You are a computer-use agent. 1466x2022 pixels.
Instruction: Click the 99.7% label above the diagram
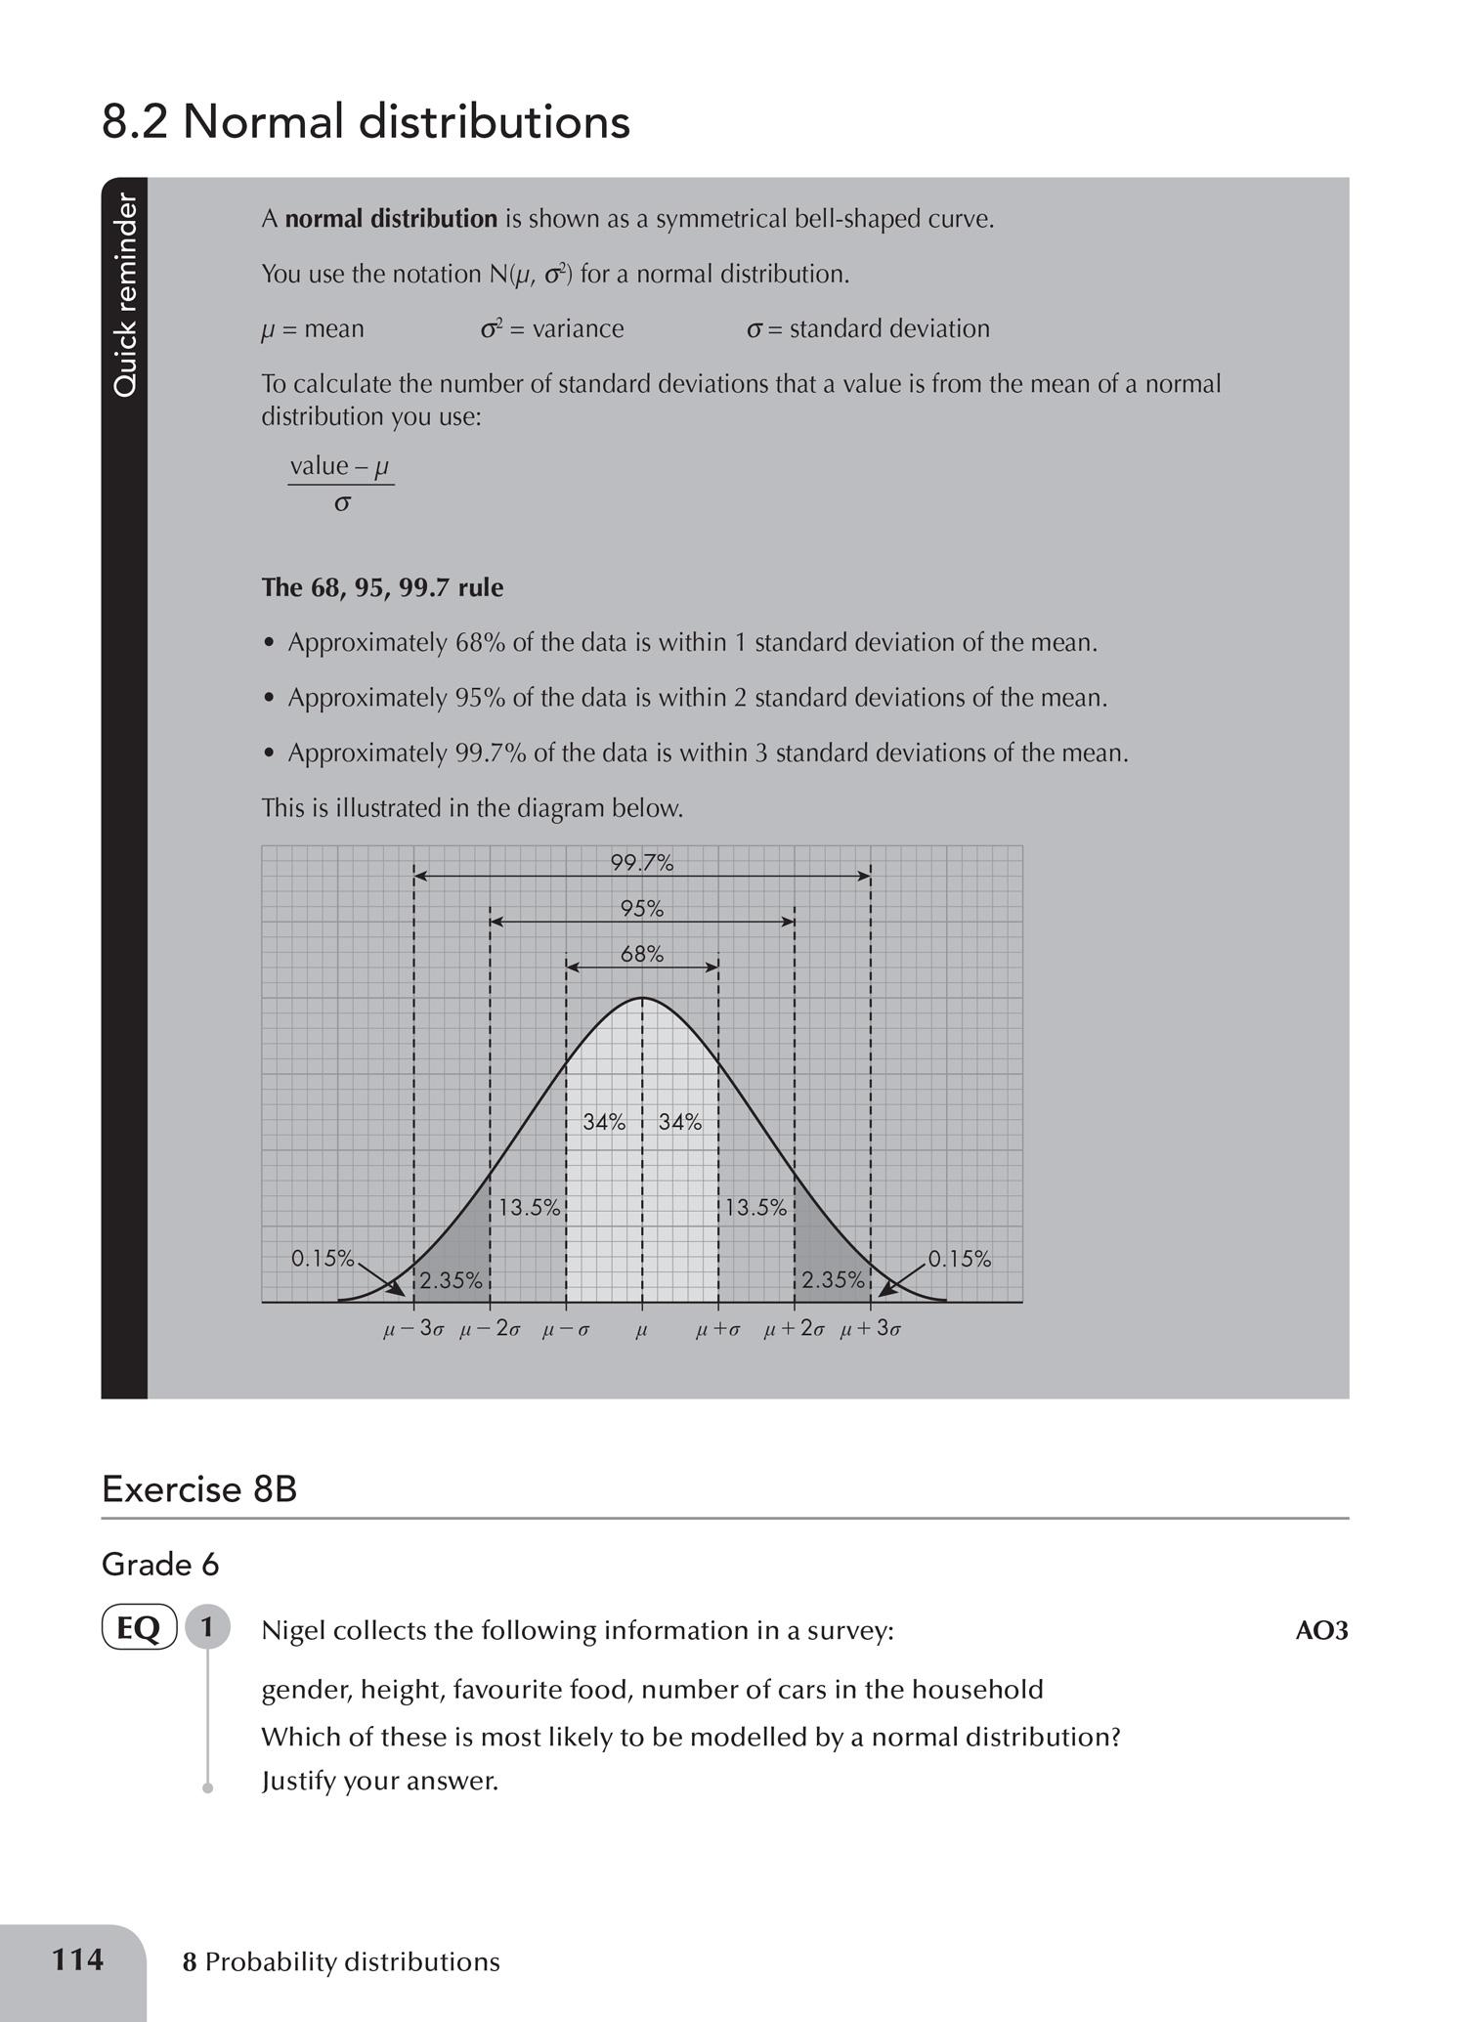pyautogui.click(x=642, y=863)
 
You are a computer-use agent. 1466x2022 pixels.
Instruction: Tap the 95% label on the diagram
pyautogui.click(x=642, y=909)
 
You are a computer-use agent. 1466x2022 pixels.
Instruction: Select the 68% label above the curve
pyautogui.click(x=642, y=954)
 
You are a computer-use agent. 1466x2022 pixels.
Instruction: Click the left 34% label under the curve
pyautogui.click(x=604, y=1122)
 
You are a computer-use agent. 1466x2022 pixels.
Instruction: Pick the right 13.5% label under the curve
pyautogui.click(x=755, y=1207)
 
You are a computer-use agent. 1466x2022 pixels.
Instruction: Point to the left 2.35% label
pyautogui.click(x=452, y=1279)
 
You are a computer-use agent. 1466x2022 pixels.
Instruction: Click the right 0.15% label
pyautogui.click(x=960, y=1259)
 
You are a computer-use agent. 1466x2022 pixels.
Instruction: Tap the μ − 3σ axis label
pyautogui.click(x=414, y=1330)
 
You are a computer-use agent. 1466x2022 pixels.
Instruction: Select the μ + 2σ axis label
pyautogui.click(x=795, y=1330)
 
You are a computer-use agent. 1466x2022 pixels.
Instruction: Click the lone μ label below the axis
pyautogui.click(x=642, y=1330)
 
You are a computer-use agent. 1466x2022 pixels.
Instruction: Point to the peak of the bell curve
pyautogui.click(x=642, y=999)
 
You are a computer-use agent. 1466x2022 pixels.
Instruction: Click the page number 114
pyautogui.click(x=77, y=1959)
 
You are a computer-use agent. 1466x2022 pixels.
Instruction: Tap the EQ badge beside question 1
pyautogui.click(x=139, y=1628)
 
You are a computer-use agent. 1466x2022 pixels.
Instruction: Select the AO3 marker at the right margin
pyautogui.click(x=1321, y=1630)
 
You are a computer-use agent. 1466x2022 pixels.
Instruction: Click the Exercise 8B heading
pyautogui.click(x=199, y=1488)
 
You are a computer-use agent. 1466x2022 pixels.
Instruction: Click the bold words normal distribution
pyautogui.click(x=391, y=219)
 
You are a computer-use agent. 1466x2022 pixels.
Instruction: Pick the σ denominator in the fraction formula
pyautogui.click(x=342, y=504)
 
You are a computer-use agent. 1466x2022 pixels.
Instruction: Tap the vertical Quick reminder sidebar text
pyautogui.click(x=125, y=295)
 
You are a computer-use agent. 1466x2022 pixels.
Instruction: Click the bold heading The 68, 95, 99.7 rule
pyautogui.click(x=382, y=587)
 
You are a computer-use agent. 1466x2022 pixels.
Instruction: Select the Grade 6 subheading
pyautogui.click(x=160, y=1565)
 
